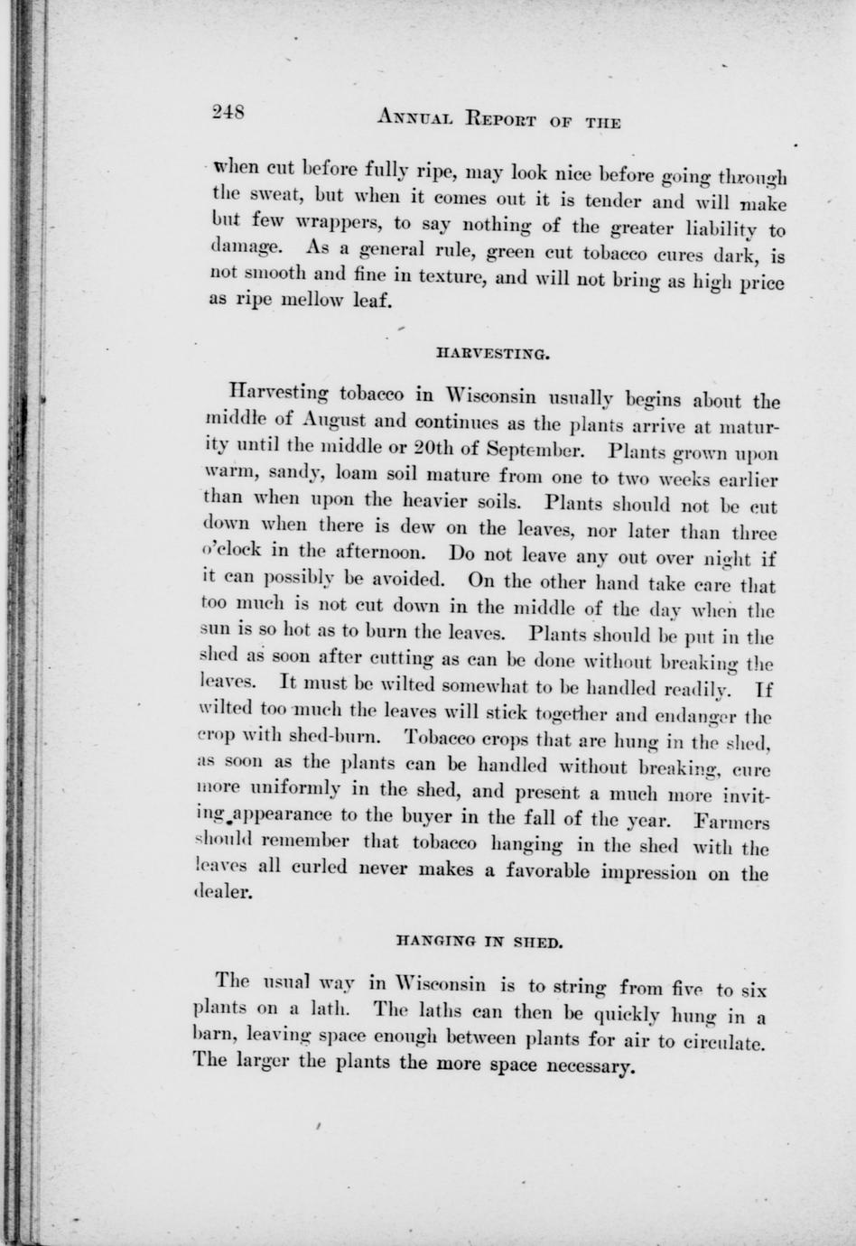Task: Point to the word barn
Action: point(213,1038)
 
